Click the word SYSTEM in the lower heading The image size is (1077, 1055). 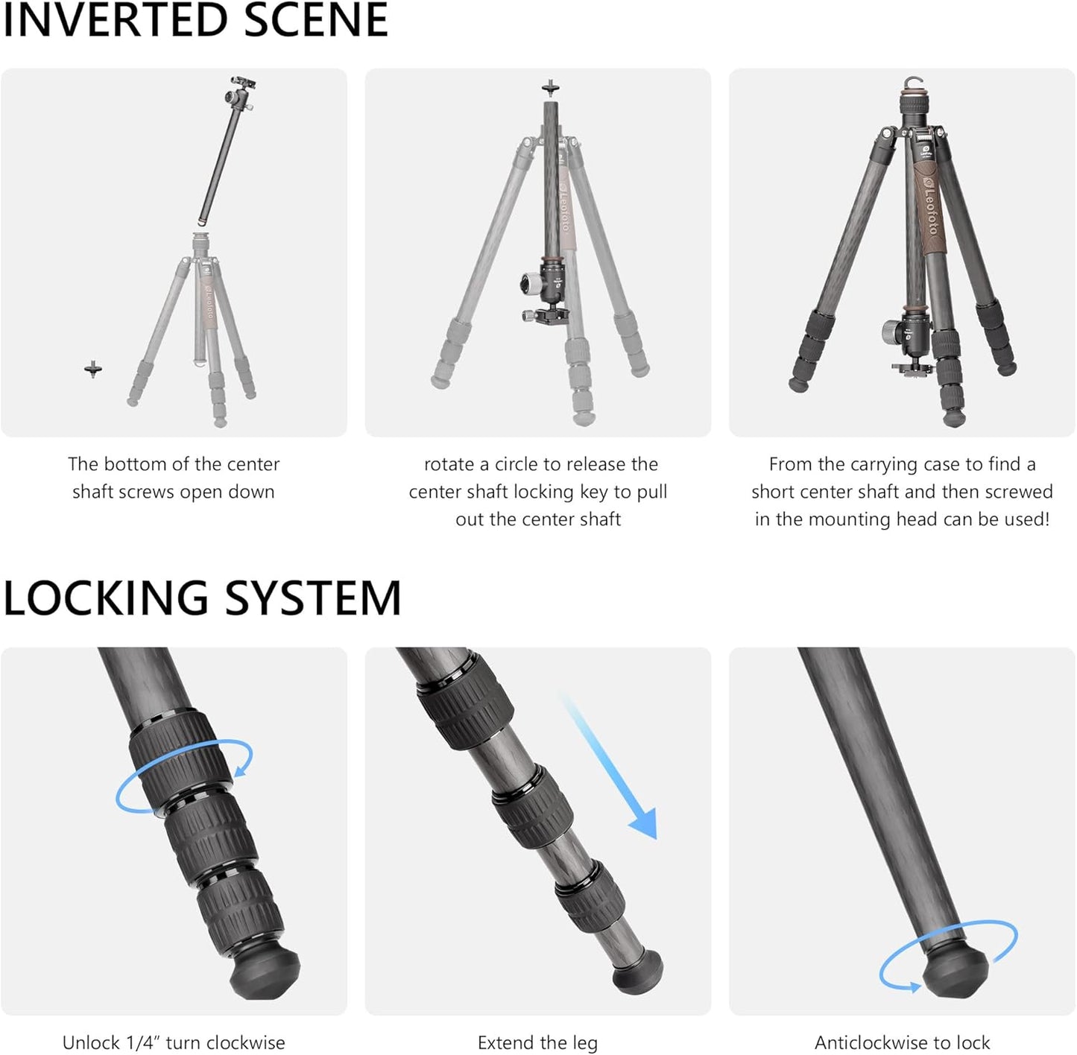coord(312,599)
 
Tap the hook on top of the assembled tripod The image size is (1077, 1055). coord(914,83)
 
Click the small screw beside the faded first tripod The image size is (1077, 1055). coord(92,368)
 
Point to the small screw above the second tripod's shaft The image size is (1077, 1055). coord(550,88)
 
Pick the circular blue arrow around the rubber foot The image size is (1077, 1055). coord(948,958)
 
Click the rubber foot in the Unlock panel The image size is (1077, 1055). coord(265,974)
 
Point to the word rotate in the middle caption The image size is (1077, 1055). coord(449,464)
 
